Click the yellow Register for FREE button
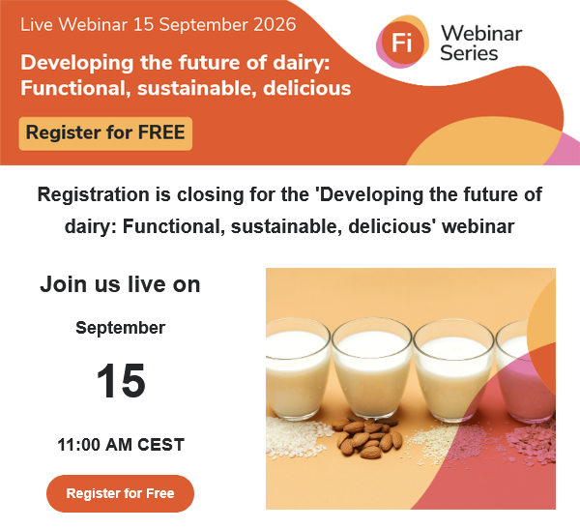click(105, 133)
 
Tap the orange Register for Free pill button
click(120, 493)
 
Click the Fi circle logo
click(402, 43)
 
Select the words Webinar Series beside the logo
click(481, 43)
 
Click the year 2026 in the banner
click(275, 25)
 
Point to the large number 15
click(121, 381)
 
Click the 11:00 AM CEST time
click(121, 445)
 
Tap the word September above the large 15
click(120, 328)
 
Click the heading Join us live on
click(120, 284)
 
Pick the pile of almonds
click(366, 437)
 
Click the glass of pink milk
click(525, 370)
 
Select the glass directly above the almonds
click(372, 367)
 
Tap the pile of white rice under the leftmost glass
click(296, 437)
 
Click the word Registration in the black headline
click(93, 194)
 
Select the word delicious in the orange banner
click(307, 88)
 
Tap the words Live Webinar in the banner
click(74, 25)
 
